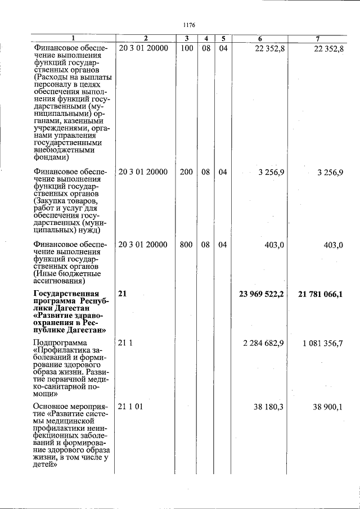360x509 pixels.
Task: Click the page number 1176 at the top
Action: (x=189, y=25)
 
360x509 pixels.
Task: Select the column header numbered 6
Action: (x=260, y=38)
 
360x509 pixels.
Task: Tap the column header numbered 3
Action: (x=186, y=38)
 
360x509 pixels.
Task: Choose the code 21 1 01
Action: (x=131, y=407)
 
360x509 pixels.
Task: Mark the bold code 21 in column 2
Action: (x=123, y=294)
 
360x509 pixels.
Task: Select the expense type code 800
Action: (x=186, y=245)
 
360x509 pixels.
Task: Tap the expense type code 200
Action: (x=186, y=172)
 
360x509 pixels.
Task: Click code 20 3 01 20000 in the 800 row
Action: (x=143, y=245)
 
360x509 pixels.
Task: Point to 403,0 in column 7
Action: (x=332, y=245)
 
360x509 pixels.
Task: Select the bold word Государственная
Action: (x=66, y=294)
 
